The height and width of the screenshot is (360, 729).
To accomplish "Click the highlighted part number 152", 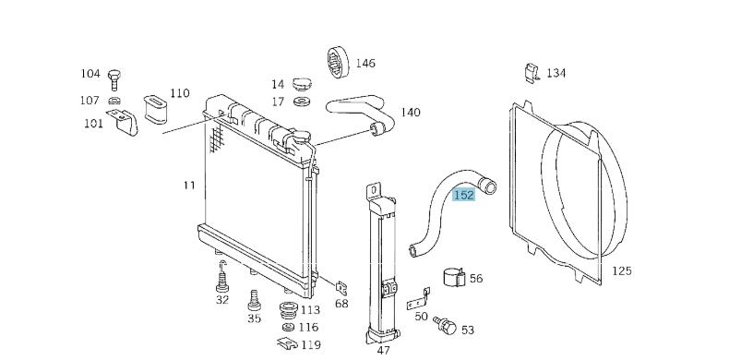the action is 463,196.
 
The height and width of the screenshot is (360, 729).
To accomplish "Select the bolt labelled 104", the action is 114,79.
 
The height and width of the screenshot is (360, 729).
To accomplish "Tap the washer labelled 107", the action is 114,100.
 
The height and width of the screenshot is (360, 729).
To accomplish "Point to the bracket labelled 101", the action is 124,123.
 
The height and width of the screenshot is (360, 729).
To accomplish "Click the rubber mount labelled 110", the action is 157,110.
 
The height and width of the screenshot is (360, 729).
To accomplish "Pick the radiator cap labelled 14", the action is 302,84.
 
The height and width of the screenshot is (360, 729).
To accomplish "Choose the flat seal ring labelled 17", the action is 302,101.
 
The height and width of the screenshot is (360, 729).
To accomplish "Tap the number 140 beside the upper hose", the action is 411,113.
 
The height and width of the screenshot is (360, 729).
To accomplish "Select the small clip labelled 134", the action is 532,72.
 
